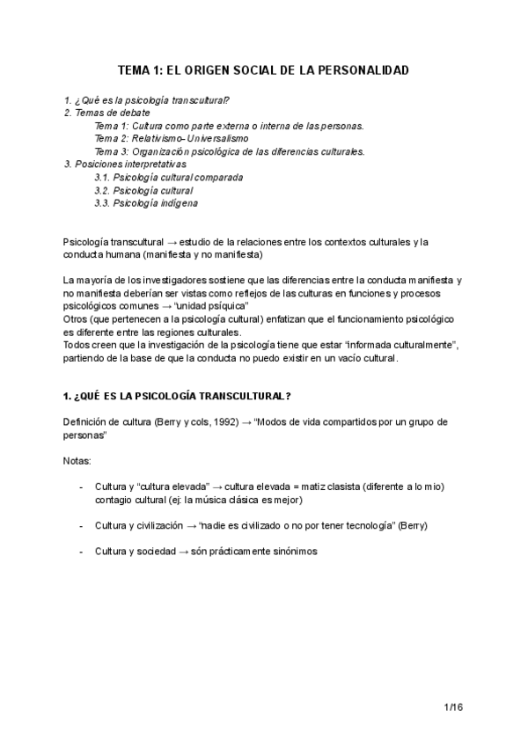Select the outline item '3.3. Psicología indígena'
pyautogui.click(x=145, y=203)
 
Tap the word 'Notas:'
pyautogui.click(x=77, y=460)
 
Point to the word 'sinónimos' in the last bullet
pyautogui.click(x=292, y=551)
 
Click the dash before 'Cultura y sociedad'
pyautogui.click(x=82, y=551)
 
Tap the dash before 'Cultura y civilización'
pyautogui.click(x=82, y=525)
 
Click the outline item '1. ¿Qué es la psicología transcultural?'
pyautogui.click(x=147, y=101)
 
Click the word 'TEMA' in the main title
pyautogui.click(x=137, y=69)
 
